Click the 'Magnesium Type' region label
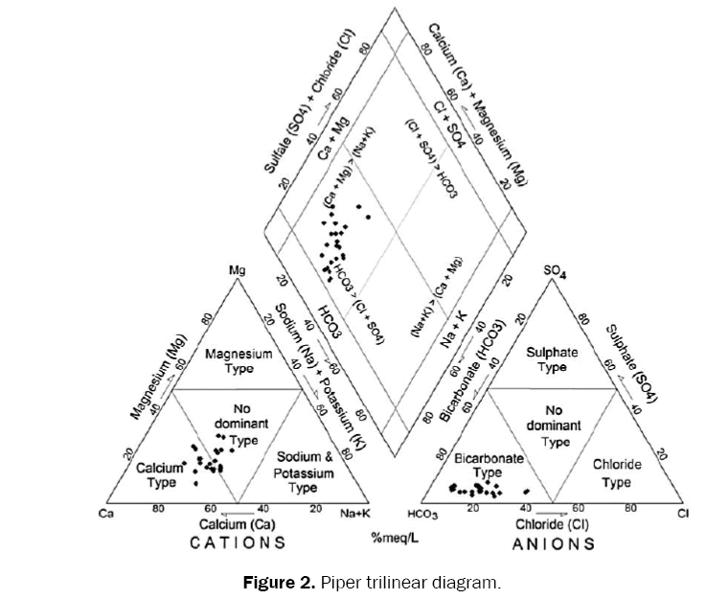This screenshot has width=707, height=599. [235, 363]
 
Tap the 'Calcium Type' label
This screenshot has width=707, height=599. [159, 474]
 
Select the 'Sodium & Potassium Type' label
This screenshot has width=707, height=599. [303, 473]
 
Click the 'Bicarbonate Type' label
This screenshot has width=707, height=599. [489, 466]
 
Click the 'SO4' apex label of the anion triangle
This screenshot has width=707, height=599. [555, 271]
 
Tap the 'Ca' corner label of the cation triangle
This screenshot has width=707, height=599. [107, 514]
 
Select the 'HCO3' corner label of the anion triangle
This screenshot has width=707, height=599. [423, 516]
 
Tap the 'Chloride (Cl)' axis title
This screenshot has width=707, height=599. [553, 524]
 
